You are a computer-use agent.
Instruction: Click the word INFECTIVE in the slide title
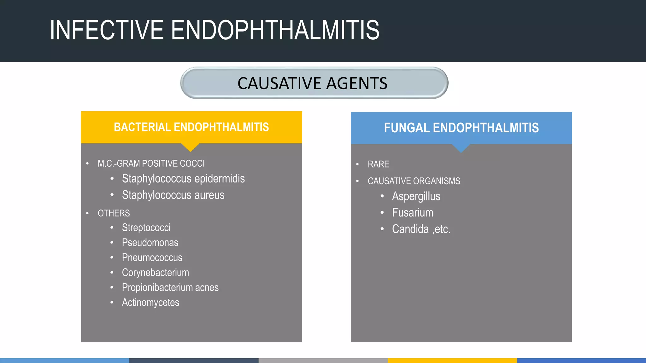[x=107, y=30]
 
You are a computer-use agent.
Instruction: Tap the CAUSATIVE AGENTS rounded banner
[x=314, y=83]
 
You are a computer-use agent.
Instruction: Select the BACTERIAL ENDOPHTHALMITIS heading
[x=191, y=127]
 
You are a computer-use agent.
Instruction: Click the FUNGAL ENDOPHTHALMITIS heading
[x=461, y=128]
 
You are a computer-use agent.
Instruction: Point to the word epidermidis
[x=220, y=179]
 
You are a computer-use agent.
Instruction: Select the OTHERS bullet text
[x=114, y=213]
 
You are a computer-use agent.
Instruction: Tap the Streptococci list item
[x=146, y=228]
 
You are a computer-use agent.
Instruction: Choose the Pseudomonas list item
[x=150, y=243]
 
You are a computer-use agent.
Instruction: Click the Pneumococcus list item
[x=152, y=258]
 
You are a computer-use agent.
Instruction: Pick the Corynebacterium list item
[x=156, y=273]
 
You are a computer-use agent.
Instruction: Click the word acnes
[x=207, y=288]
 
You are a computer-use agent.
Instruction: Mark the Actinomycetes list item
[x=150, y=302]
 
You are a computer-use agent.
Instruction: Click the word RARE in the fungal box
[x=378, y=164]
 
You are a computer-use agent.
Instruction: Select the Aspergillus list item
[x=416, y=196]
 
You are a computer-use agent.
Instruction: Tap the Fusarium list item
[x=413, y=213]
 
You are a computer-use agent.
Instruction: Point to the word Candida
[x=410, y=229]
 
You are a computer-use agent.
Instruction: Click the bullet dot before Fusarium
[x=382, y=213]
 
